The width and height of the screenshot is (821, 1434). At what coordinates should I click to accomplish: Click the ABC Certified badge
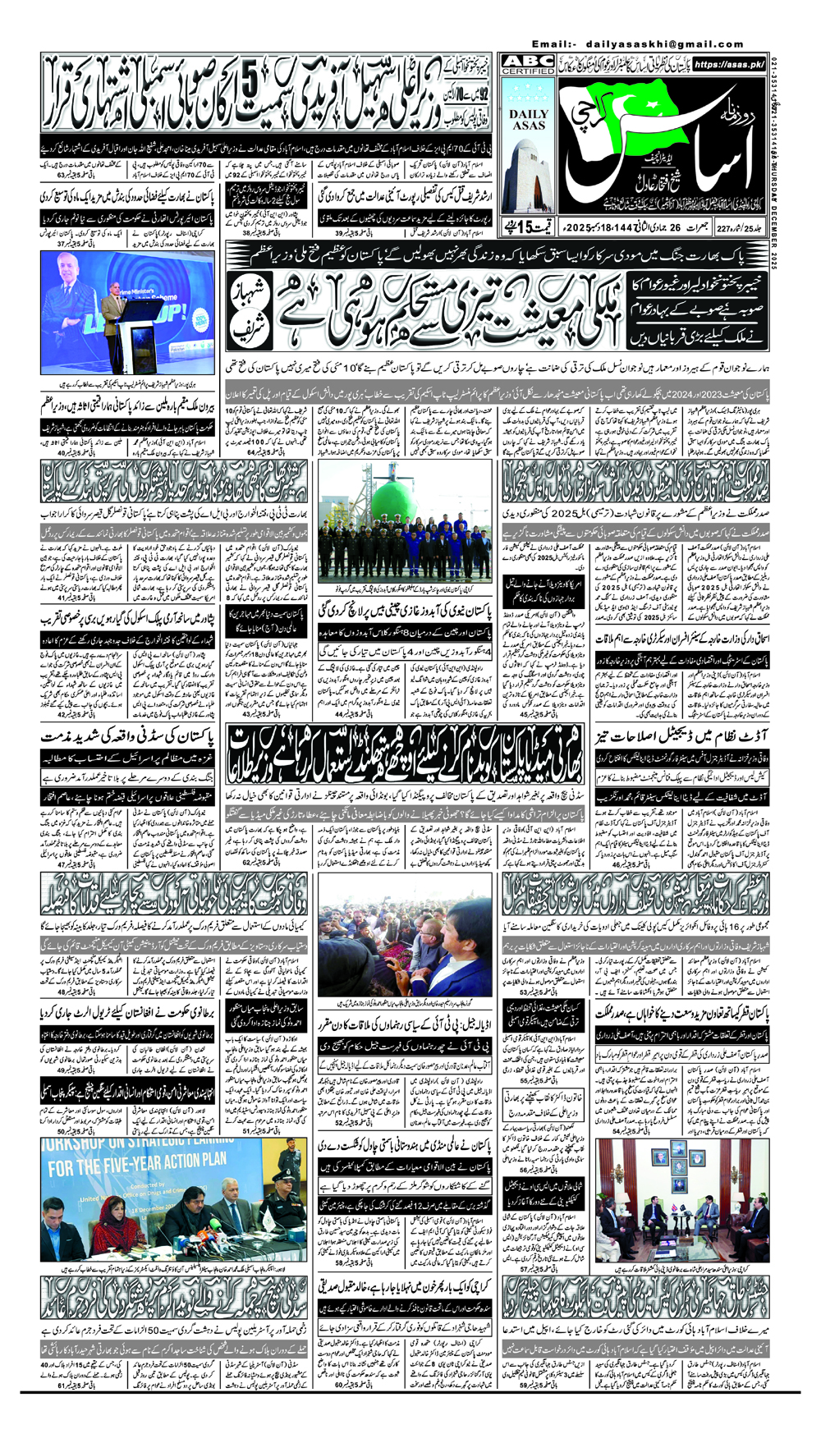tap(528, 66)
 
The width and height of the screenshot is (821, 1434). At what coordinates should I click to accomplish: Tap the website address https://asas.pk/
tap(729, 64)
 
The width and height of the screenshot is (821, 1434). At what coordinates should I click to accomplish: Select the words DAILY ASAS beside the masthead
tap(528, 120)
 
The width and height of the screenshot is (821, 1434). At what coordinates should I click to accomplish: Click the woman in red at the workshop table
tap(109, 1219)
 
